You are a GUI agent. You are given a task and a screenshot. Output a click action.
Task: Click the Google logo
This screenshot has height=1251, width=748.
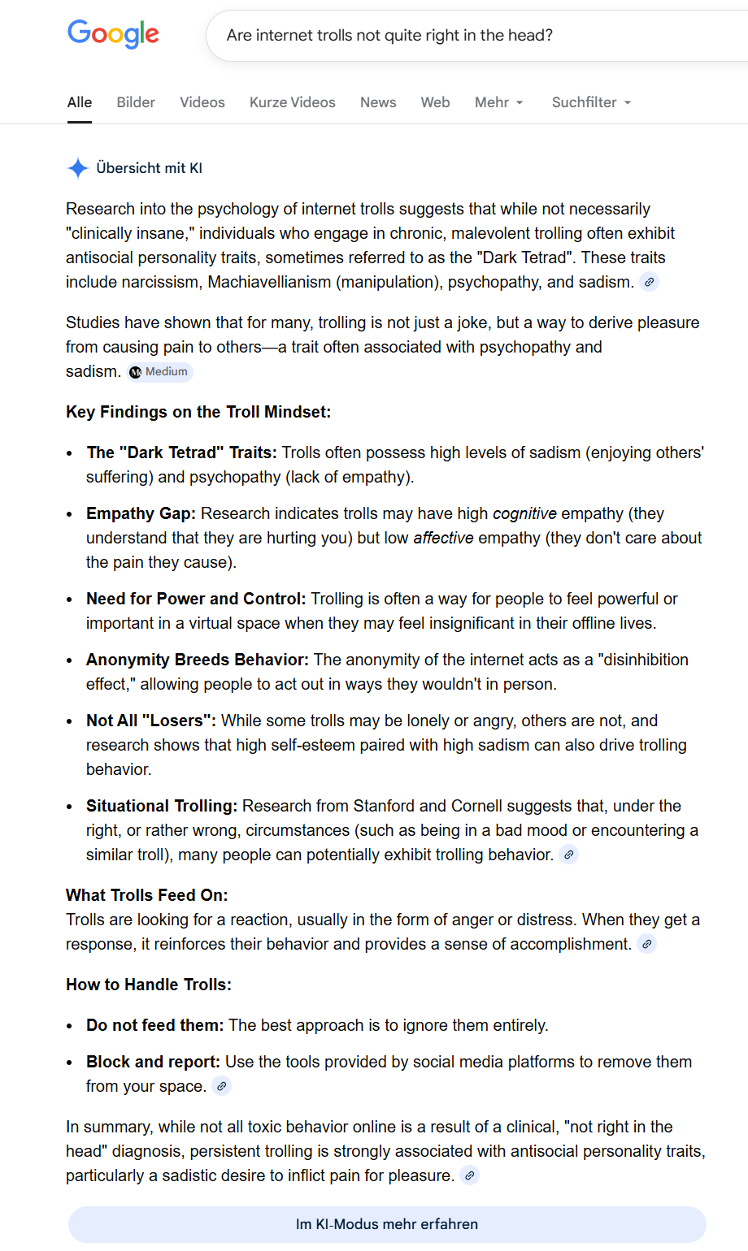point(113,34)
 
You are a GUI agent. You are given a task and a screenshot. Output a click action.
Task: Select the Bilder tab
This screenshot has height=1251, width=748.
point(136,102)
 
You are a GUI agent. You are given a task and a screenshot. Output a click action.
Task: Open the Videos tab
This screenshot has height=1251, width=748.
point(202,102)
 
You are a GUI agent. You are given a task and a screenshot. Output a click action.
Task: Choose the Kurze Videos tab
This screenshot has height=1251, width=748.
point(293,102)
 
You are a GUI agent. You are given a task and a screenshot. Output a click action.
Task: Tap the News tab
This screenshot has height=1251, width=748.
point(378,102)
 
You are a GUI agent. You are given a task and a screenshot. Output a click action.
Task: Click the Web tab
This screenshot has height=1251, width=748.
point(435,102)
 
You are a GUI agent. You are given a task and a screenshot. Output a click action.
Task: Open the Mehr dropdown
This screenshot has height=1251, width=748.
point(498,102)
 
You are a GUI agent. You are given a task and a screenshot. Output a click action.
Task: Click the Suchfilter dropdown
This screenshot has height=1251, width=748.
point(591,102)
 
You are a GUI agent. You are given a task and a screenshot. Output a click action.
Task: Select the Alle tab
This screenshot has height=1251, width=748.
point(80,102)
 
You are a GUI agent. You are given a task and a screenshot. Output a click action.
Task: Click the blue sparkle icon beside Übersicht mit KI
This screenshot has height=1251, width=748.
point(77,168)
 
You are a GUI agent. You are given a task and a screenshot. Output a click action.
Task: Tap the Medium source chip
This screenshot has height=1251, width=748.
point(160,372)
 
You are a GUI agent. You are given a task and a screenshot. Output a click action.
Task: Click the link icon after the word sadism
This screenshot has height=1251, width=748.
point(649,283)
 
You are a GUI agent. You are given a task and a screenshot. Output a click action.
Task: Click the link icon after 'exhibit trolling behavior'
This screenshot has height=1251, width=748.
point(569,855)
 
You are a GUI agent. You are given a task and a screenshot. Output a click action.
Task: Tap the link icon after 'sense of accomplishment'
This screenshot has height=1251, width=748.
point(646,944)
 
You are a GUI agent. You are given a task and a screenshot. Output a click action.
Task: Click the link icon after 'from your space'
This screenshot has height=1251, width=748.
point(221,1086)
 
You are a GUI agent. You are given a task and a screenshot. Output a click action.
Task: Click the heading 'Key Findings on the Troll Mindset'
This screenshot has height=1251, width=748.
point(198,412)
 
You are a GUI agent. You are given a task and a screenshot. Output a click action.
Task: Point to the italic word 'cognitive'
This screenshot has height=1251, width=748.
point(524,513)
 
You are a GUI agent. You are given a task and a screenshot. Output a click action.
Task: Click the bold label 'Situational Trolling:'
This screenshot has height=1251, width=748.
point(162,806)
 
